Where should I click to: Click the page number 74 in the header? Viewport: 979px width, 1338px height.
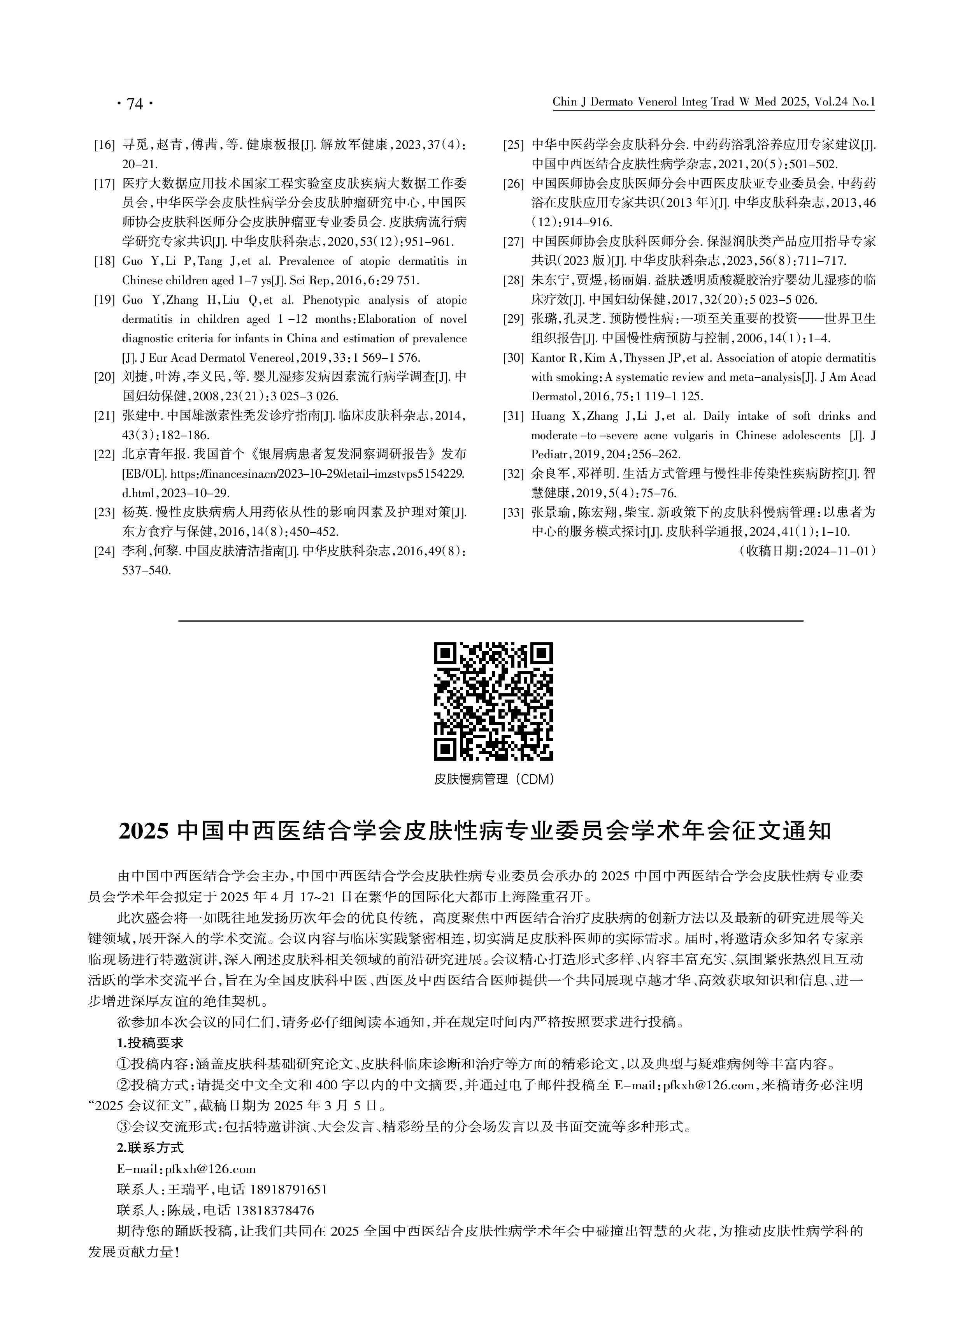coord(135,104)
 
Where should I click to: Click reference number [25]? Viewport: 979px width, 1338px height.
coord(513,145)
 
